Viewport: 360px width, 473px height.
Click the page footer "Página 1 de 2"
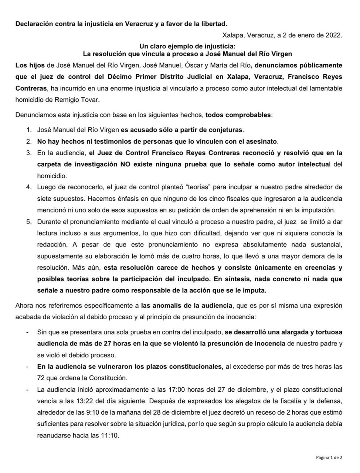click(329, 457)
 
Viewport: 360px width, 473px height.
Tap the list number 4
click(28, 187)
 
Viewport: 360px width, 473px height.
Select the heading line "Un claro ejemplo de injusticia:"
click(187, 46)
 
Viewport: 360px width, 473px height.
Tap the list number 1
click(28, 130)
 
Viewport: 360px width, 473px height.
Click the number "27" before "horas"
click(99, 343)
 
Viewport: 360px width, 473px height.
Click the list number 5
click(28, 222)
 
